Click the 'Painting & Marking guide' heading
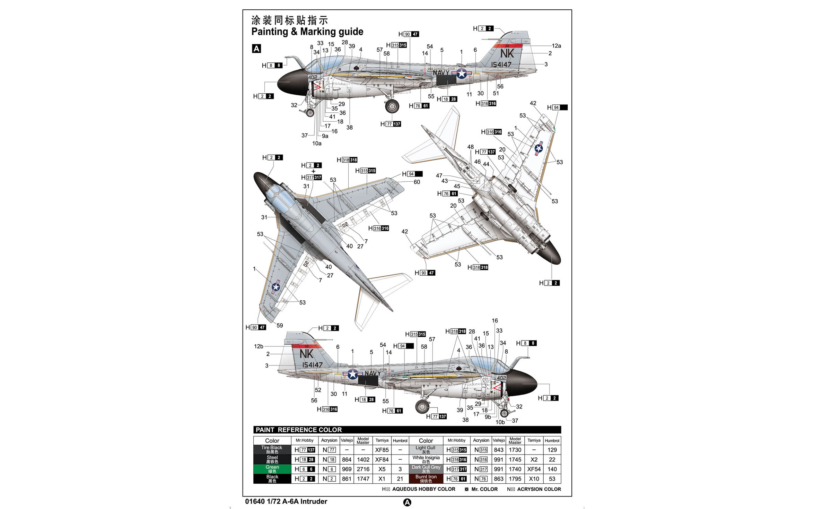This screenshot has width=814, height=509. [x=307, y=32]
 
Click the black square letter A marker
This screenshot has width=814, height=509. [x=256, y=49]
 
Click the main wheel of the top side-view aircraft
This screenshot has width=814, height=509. [x=392, y=106]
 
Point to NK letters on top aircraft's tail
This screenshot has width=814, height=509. [x=507, y=53]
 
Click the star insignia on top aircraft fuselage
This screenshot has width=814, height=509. [x=462, y=73]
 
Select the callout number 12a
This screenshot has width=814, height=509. [x=556, y=46]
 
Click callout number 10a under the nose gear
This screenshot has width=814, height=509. [x=317, y=143]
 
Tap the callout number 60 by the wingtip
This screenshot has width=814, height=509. [x=417, y=182]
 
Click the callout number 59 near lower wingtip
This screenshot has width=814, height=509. [x=280, y=325]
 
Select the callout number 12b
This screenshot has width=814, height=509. [x=259, y=346]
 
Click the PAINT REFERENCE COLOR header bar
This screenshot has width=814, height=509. [x=407, y=430]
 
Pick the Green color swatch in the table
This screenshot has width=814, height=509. [x=272, y=469]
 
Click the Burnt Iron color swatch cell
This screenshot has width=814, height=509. [x=426, y=478]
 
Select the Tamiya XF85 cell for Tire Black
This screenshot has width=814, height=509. [x=382, y=450]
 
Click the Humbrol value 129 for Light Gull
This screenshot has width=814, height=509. [x=552, y=450]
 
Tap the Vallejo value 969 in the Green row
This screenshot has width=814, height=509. [x=347, y=469]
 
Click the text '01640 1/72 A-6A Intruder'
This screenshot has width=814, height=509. [x=286, y=501]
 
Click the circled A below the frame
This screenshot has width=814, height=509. [x=407, y=502]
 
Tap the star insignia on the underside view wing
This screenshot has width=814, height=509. [x=539, y=148]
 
